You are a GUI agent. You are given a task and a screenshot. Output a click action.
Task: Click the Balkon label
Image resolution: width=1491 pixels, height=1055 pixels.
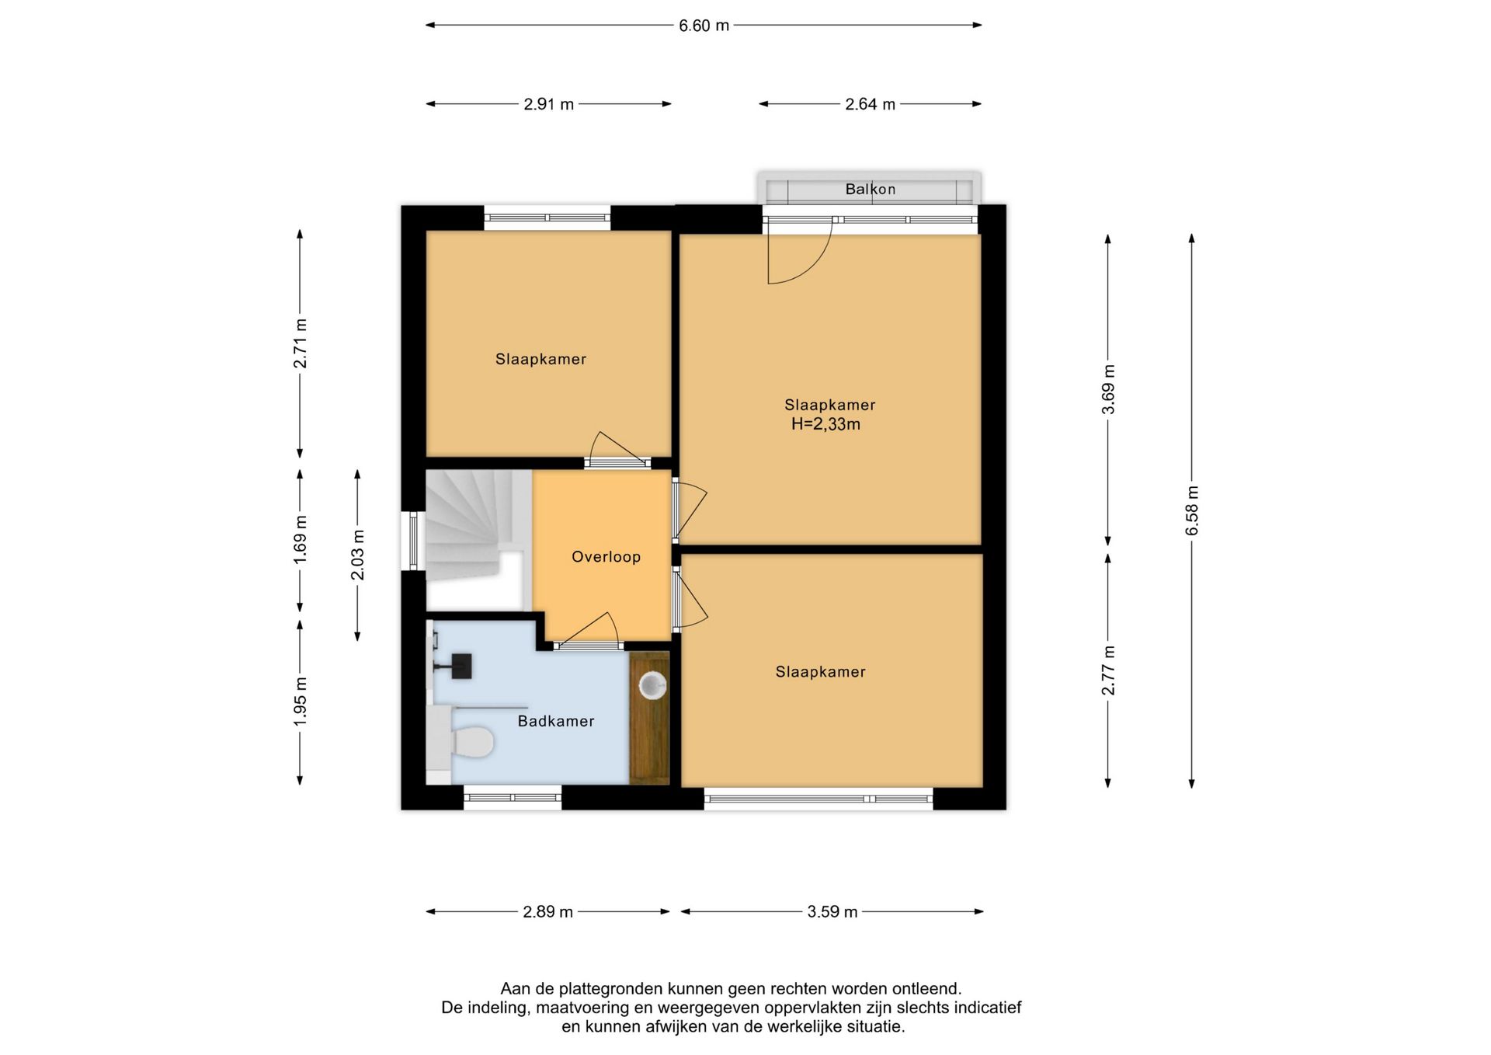point(870,189)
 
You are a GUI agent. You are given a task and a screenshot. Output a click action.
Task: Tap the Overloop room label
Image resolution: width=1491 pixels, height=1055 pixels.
point(606,556)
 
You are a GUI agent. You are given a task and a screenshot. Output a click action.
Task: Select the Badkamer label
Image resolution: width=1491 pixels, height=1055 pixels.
point(556,721)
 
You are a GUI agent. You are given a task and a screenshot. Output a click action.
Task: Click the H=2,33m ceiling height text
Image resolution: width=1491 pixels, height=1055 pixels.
point(825,424)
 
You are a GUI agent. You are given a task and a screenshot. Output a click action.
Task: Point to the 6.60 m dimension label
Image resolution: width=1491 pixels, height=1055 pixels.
point(704,26)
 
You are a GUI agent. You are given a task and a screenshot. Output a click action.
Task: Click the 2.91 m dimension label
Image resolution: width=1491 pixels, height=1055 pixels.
point(548,104)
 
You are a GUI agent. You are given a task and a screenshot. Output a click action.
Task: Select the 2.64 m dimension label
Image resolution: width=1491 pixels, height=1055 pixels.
point(870,104)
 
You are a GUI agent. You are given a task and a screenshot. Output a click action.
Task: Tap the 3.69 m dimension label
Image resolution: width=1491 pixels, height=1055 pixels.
point(1108,389)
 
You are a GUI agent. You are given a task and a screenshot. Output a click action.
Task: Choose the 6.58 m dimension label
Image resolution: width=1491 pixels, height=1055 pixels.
point(1192,510)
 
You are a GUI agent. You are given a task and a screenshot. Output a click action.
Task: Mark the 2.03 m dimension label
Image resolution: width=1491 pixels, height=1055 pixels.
point(357,555)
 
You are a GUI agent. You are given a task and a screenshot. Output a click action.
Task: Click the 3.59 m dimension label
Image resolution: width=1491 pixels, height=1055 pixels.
point(832,912)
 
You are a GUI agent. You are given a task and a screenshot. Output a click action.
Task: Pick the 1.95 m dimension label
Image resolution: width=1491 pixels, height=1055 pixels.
point(300,702)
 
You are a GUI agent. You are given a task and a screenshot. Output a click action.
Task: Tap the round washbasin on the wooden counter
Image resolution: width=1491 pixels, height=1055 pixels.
point(652,685)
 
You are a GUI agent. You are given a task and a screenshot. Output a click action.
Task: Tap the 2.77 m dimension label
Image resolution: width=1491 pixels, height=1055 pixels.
point(1108,670)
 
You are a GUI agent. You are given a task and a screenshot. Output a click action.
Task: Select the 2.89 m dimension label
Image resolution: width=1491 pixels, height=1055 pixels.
point(547,912)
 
